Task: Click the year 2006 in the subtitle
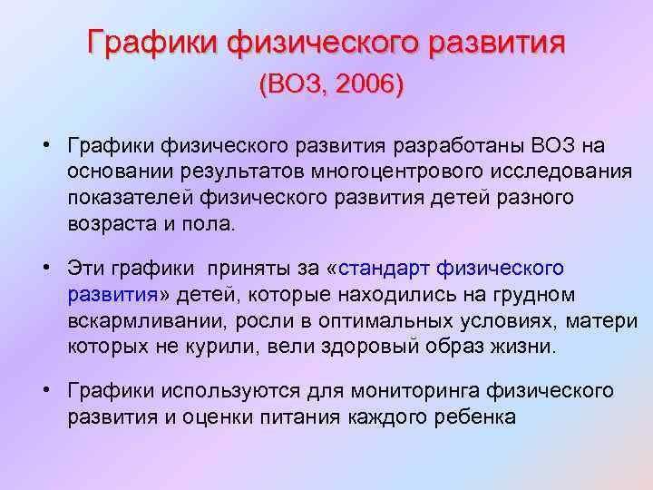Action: tap(368, 85)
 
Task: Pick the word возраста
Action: tap(106, 224)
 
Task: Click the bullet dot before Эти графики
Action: tap(44, 269)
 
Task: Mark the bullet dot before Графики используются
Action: tap(44, 391)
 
